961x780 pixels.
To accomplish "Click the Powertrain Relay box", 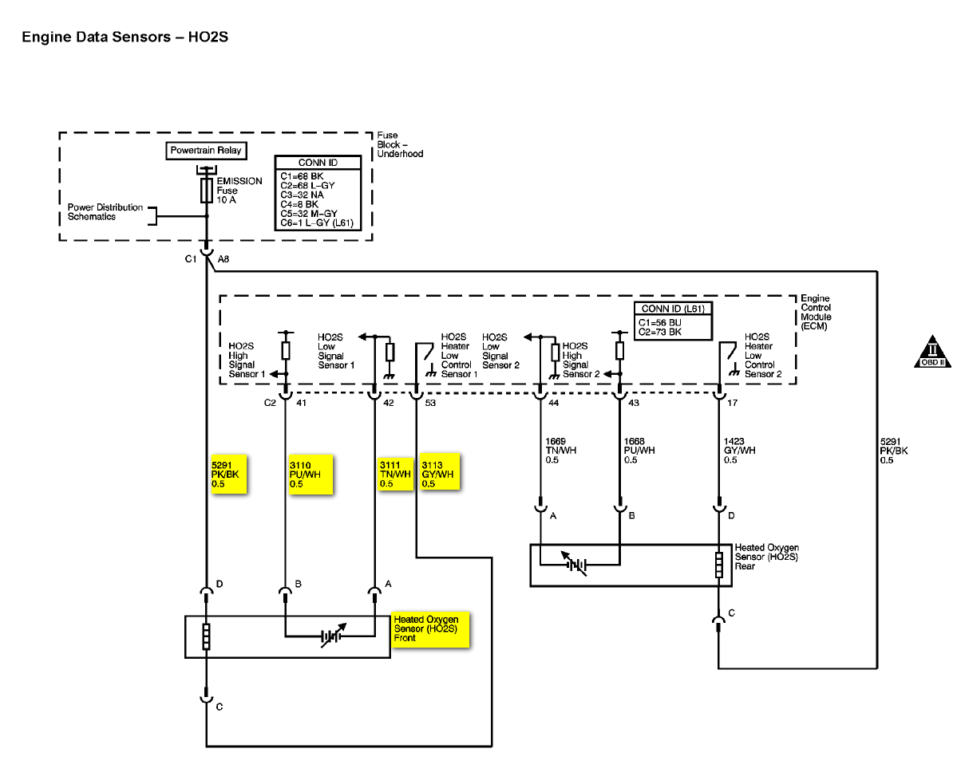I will tap(206, 151).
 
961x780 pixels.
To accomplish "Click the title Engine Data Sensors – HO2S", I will tap(125, 37).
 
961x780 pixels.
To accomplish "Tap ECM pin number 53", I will tap(430, 404).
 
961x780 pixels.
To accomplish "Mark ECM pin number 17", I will tap(733, 404).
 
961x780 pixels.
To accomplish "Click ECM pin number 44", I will tap(554, 404).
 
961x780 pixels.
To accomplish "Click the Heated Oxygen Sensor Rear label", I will tap(765, 557).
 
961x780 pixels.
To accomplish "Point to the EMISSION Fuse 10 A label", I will tap(239, 190).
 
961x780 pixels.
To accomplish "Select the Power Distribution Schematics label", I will tap(105, 212).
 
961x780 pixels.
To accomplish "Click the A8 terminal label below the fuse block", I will tap(223, 258).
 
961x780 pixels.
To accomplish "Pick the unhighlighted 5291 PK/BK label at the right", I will tap(893, 451).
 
